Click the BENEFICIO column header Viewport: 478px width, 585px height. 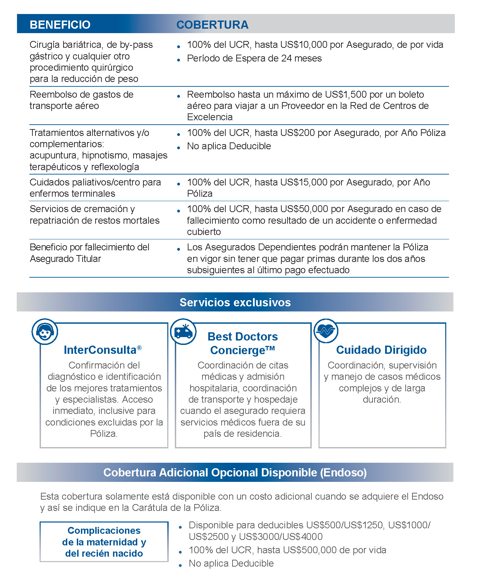(x=60, y=25)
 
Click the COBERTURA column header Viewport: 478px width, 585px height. (x=212, y=25)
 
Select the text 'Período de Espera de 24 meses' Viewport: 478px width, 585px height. (x=254, y=58)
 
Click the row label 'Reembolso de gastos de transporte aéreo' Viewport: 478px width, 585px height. (x=81, y=100)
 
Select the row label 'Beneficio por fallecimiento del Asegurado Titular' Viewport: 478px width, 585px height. (x=89, y=253)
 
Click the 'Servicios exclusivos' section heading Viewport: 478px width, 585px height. (x=235, y=303)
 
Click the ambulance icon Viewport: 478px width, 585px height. (x=183, y=332)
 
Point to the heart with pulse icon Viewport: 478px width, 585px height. (x=326, y=331)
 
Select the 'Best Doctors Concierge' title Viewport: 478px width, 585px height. (x=243, y=344)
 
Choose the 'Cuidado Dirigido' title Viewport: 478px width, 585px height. (x=381, y=350)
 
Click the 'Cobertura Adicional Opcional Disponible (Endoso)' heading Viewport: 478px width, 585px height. (x=235, y=473)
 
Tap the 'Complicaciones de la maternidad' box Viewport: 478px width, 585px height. (x=104, y=542)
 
